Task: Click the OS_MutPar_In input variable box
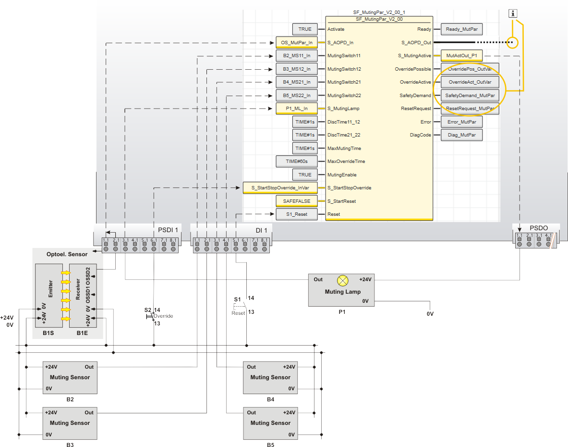pos(297,43)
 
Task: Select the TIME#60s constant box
pos(297,161)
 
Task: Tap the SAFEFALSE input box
pos(297,201)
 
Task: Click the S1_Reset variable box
pos(297,214)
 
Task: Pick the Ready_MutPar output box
pos(461,29)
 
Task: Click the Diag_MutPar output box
pos(461,135)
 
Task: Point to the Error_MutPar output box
pos(461,122)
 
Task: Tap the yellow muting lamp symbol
pos(343,280)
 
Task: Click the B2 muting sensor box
pos(70,378)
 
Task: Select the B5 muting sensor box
pos(270,423)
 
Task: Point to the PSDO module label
pos(539,228)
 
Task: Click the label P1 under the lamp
pos(342,311)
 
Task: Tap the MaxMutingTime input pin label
pos(344,149)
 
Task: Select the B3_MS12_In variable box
pos(297,69)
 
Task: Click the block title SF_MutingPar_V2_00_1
pos(379,12)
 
